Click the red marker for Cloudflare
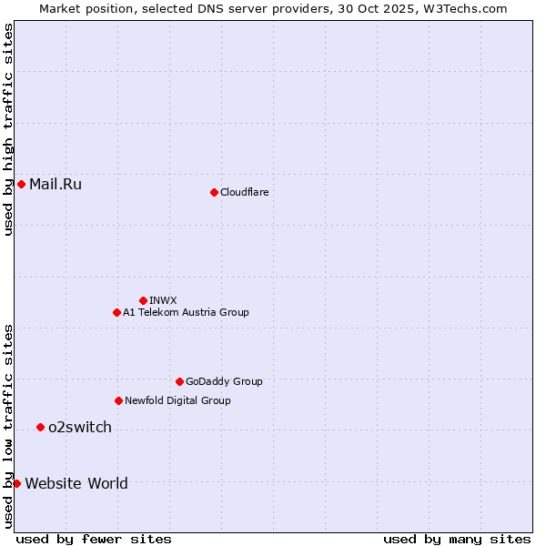[214, 192]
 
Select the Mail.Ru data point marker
[21, 185]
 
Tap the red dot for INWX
[143, 300]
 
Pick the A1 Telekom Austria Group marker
[116, 312]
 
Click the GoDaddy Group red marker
[179, 381]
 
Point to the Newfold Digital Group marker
[118, 400]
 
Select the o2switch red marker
[40, 427]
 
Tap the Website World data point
[16, 483]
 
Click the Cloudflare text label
[244, 192]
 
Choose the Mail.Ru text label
[56, 185]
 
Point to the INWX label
[163, 300]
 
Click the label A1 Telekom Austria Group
[186, 312]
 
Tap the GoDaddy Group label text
[224, 381]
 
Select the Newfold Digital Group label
[177, 400]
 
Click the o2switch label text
[80, 427]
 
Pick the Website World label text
[76, 483]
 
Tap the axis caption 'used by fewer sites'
[94, 539]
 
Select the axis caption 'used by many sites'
[457, 539]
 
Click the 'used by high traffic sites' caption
[8, 130]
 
